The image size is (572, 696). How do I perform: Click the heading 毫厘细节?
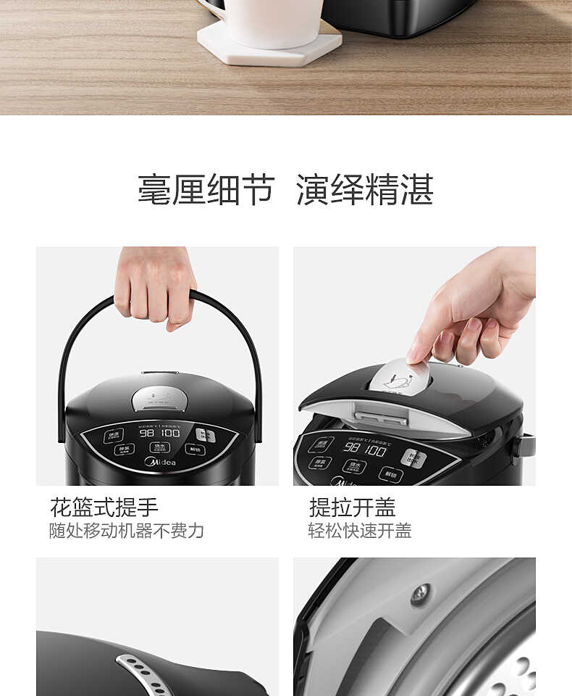point(206,190)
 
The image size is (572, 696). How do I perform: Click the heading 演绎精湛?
point(365,190)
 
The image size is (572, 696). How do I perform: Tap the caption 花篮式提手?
point(104,507)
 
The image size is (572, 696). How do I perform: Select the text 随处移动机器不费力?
point(127,531)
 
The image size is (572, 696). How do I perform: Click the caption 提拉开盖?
point(353,507)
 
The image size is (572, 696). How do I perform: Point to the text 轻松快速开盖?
point(360,531)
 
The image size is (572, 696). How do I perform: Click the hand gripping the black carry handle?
point(154,287)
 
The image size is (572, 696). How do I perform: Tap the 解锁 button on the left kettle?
point(194,449)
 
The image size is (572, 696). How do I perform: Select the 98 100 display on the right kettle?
point(365,449)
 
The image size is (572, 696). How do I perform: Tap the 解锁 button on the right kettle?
point(390,474)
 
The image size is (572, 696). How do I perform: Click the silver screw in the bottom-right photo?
point(420,594)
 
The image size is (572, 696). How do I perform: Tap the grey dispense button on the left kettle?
point(206,435)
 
